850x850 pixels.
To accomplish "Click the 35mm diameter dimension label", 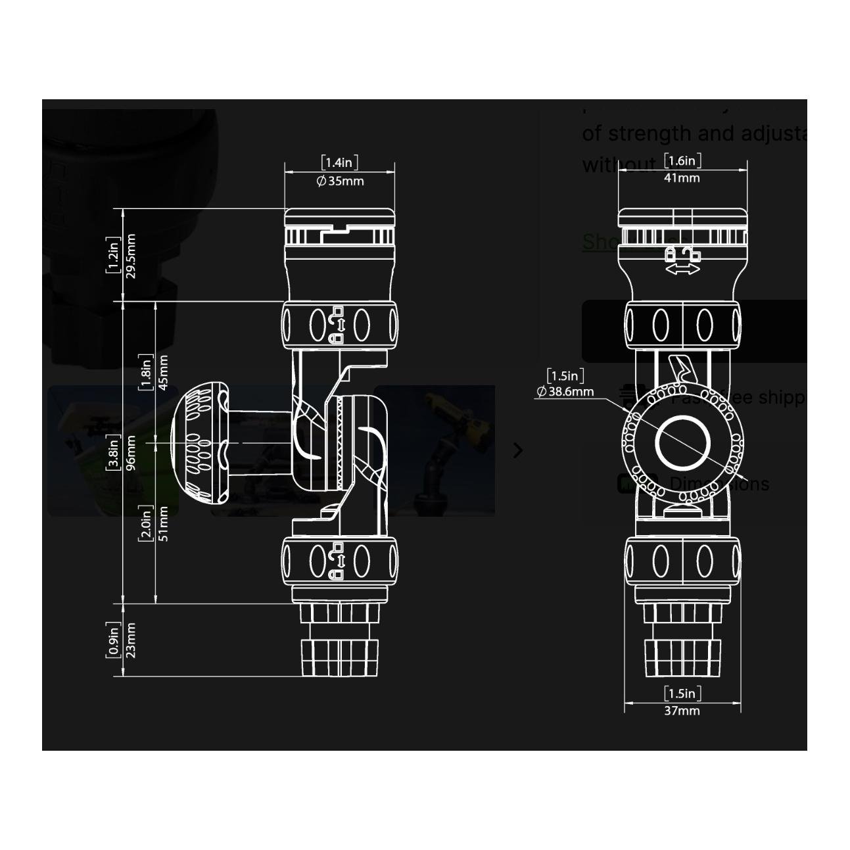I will (340, 181).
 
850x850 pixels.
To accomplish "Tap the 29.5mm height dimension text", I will (130, 256).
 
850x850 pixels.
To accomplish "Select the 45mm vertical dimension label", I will (163, 371).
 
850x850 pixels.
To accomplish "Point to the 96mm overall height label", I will (130, 453).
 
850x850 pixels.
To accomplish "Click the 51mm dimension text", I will (163, 523).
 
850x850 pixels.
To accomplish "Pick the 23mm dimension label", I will (130, 640).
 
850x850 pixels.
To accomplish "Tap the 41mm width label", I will (682, 177).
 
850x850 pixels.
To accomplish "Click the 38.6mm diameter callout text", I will (565, 392).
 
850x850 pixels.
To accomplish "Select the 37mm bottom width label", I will (682, 711).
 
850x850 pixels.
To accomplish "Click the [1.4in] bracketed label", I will (340, 162).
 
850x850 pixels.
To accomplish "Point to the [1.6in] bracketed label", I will (682, 160).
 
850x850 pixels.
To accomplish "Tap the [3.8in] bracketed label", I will (114, 453).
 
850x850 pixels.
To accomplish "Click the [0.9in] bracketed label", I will (114, 640).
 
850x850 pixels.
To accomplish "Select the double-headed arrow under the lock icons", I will (682, 270).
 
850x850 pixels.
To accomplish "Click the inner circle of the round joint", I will (682, 443).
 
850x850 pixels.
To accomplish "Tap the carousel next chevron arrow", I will (518, 450).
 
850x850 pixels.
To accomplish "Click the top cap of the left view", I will (340, 217).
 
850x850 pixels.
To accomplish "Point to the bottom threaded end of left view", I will (340, 657).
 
